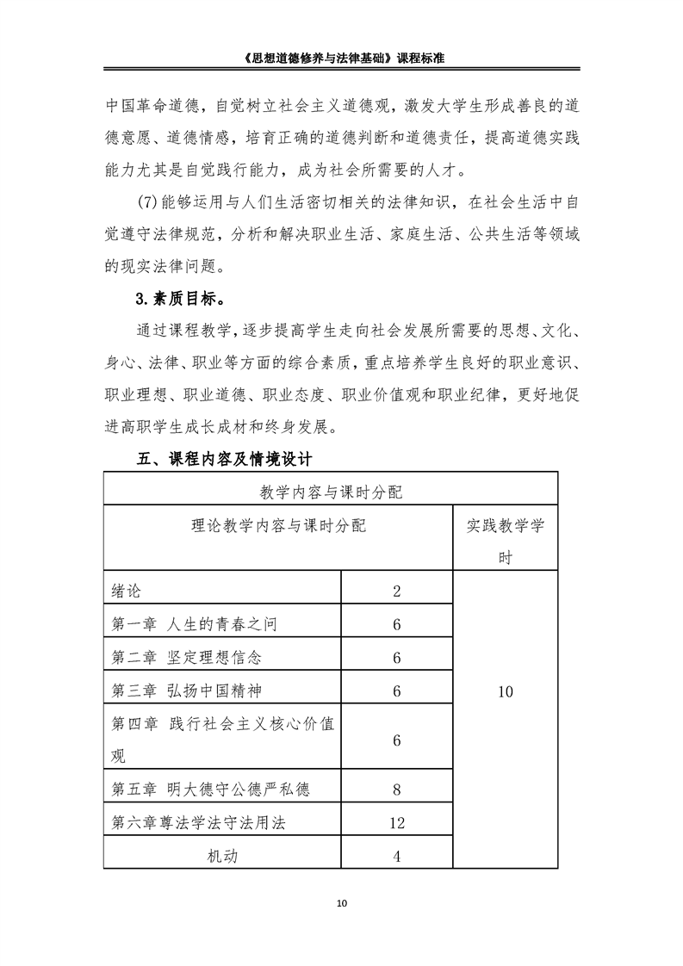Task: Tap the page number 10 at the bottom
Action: (342, 903)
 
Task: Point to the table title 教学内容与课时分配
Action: (331, 492)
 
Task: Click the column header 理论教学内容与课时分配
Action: (278, 525)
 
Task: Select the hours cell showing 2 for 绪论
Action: (397, 591)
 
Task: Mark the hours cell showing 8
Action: (397, 790)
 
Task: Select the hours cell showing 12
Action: (397, 823)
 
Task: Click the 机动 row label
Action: (222, 856)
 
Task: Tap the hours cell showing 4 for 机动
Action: (397, 857)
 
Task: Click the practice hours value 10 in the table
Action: (505, 691)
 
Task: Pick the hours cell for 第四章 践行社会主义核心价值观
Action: (397, 740)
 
